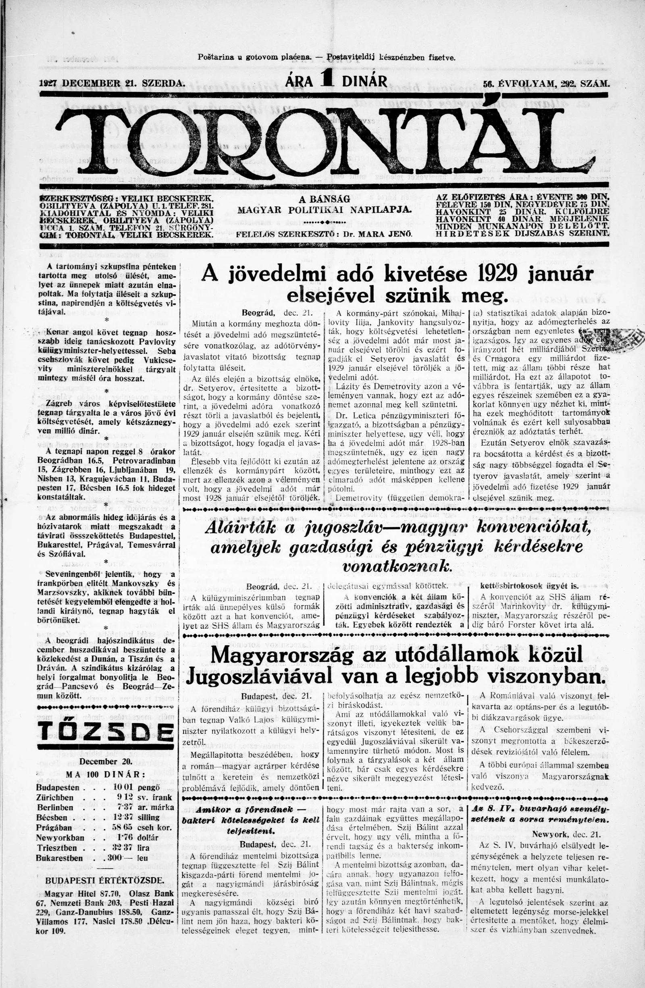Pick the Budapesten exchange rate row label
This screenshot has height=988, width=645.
coord(58,788)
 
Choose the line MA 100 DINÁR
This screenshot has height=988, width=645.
coord(106,775)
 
